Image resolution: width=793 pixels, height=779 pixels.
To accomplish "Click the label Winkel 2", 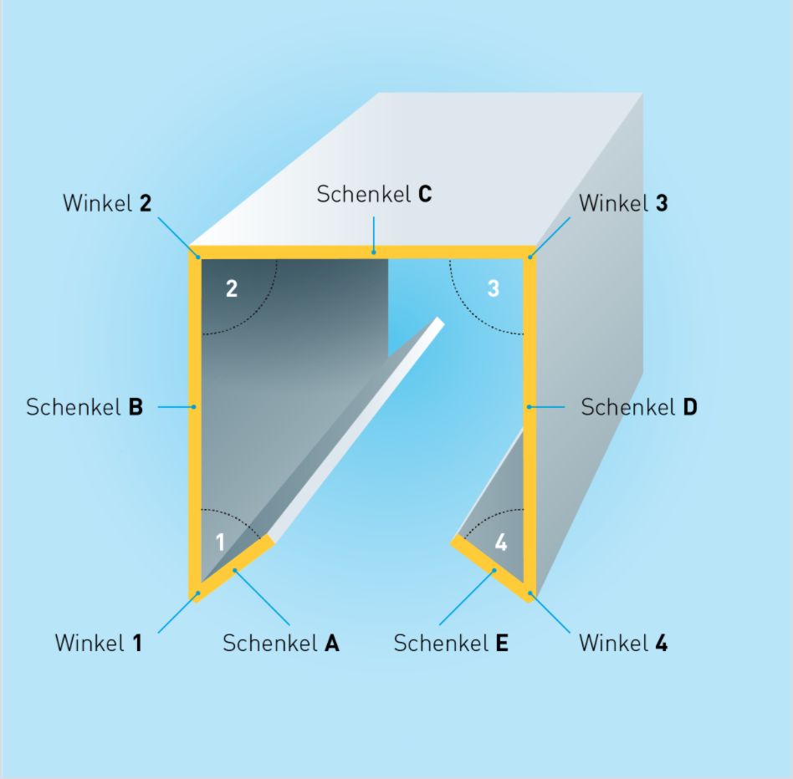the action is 107,203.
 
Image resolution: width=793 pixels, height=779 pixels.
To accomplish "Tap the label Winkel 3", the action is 623,203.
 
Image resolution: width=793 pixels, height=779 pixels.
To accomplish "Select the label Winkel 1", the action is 99,643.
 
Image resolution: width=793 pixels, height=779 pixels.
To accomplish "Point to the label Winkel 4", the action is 623,643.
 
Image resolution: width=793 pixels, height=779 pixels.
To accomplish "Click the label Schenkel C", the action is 374,194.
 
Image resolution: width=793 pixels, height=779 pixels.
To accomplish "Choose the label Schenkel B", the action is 84,407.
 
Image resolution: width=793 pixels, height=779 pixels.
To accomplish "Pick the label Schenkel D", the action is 639,407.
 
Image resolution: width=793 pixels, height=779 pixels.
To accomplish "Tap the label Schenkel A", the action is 281,643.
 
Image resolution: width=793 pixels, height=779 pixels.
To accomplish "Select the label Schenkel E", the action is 451,643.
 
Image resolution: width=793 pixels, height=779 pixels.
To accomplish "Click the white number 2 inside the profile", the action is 232,288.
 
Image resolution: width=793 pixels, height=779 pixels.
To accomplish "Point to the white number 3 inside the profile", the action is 493,288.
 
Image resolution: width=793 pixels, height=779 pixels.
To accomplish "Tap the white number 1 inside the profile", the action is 220,542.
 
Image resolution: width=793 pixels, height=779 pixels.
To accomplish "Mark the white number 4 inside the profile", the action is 501,542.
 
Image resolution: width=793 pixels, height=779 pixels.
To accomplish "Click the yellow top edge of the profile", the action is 362,252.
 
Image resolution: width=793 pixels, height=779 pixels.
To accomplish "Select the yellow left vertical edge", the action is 195,425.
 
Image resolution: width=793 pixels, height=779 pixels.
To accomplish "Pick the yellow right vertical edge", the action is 530,425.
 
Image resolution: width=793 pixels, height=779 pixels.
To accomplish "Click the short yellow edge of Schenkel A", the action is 233,569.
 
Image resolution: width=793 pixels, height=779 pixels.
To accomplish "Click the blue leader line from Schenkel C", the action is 374,235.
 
